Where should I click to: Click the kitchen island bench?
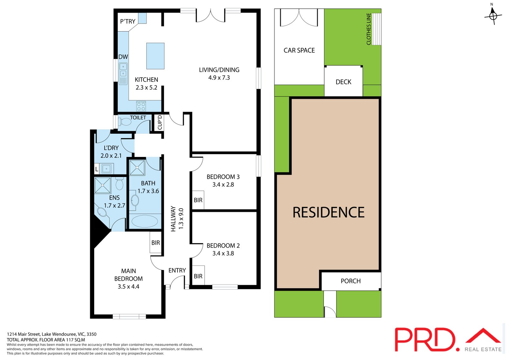tap(156, 56)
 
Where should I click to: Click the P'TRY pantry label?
tap(128, 21)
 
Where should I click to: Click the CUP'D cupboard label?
tap(160, 122)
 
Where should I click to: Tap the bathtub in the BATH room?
tap(145, 221)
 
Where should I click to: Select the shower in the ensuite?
tap(103, 185)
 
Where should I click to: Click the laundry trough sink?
tap(106, 169)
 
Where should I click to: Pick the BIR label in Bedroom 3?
tap(198, 200)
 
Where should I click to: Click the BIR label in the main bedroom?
tap(156, 243)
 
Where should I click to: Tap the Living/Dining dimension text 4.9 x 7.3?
tap(219, 78)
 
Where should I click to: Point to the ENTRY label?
tap(177, 271)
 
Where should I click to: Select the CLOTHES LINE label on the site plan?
tap(369, 29)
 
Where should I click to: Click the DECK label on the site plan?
tap(343, 82)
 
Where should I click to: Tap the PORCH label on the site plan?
tap(351, 281)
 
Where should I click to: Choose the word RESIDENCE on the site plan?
tap(328, 212)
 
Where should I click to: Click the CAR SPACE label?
tap(299, 50)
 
